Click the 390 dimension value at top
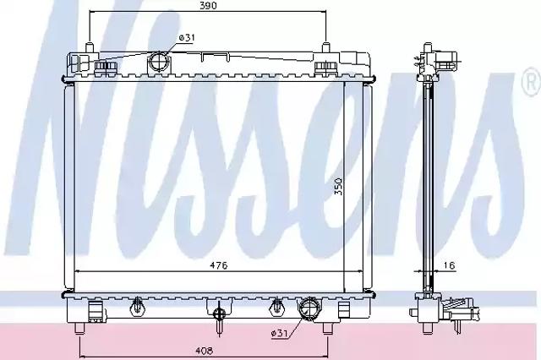coord(208,6)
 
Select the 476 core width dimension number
coord(219,265)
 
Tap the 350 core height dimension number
coord(339,187)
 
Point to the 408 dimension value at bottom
coord(205,351)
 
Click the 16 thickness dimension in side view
coord(449,265)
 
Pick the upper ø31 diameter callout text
coord(187,37)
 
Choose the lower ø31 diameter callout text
coord(279,333)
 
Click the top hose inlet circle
coord(159,62)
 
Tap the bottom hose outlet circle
coord(309,307)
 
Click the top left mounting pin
coord(90,47)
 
